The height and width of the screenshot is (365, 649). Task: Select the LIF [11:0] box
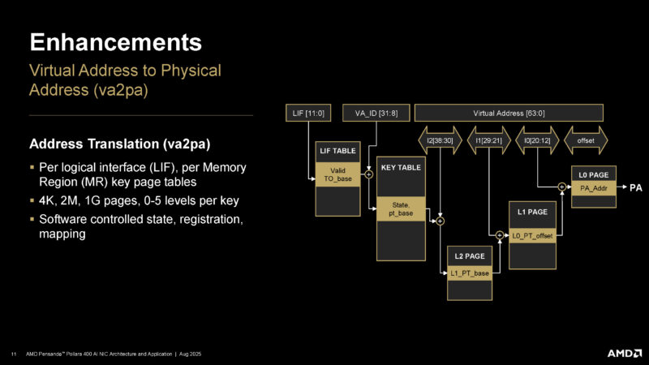point(307,113)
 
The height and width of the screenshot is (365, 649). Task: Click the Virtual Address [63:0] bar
point(509,113)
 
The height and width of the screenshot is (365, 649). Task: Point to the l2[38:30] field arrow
point(439,140)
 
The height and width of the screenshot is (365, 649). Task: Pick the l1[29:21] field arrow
point(489,140)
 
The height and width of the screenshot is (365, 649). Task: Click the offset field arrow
point(585,140)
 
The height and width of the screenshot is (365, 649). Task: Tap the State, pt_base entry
point(400,209)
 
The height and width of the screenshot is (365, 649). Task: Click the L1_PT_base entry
point(469,273)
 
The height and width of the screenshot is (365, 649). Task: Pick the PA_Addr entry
point(595,187)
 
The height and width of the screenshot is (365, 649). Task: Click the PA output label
point(636,187)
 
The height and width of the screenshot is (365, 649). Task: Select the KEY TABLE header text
point(400,167)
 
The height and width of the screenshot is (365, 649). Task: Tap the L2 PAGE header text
point(469,256)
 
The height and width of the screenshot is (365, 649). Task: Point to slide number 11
point(14,354)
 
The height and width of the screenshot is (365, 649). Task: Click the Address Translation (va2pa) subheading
point(120,145)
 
